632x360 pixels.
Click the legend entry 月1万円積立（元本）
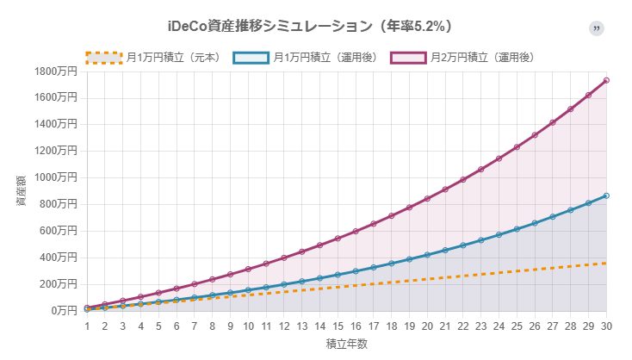172,58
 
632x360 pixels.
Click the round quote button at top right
597,28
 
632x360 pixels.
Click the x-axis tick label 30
606,326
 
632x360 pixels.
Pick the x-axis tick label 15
338,326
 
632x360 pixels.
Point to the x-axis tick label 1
87,326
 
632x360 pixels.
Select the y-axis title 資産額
21,190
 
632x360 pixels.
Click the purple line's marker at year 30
606,80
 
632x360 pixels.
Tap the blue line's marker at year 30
606,196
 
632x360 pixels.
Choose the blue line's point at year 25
517,229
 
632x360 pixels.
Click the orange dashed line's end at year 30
606,263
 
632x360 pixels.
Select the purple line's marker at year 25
517,147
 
